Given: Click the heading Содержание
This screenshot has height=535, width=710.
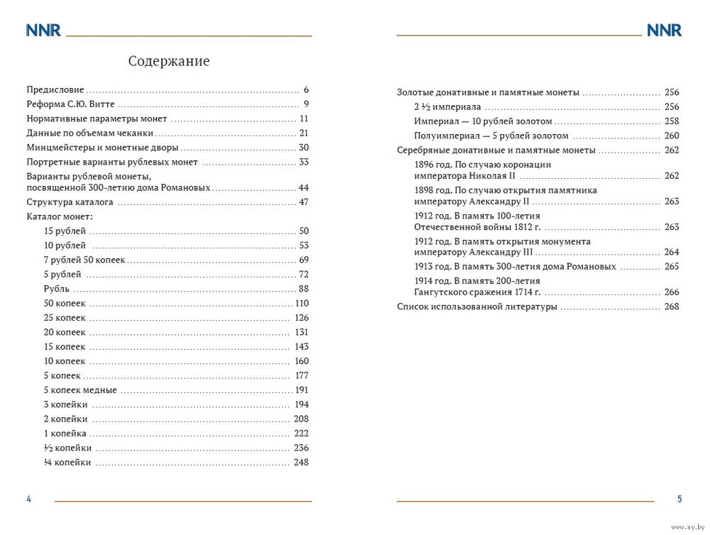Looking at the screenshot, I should point(169,62).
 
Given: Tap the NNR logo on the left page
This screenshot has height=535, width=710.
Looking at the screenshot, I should point(43,31).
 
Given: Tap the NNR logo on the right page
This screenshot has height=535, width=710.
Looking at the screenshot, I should point(664,31).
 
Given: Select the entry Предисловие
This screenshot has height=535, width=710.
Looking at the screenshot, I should point(55,90).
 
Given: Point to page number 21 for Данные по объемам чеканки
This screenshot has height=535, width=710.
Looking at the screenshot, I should point(304,133).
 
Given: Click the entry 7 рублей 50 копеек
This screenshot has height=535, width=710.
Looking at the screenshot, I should point(84,260).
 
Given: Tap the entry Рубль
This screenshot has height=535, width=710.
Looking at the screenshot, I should point(57,289).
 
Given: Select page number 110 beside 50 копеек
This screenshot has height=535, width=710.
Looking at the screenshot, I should point(302,304).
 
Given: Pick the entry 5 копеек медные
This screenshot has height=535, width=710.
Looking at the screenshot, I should point(80,390).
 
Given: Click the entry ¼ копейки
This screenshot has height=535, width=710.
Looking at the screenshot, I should point(67,463).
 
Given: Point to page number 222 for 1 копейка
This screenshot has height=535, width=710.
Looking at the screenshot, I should point(301,434).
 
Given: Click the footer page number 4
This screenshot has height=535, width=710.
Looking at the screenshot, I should point(28,500).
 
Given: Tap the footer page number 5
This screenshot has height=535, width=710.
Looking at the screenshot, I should point(679,500).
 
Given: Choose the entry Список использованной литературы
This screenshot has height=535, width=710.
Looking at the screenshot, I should point(476,307).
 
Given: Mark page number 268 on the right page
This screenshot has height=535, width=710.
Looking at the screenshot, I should point(672,307).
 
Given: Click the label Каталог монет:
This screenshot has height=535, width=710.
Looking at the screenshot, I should point(60,216).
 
